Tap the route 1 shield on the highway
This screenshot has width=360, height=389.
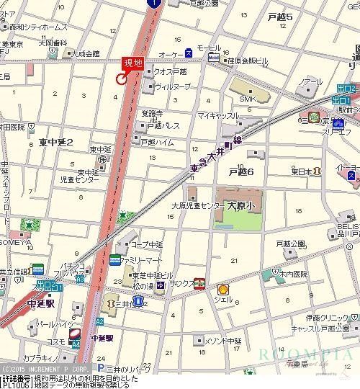pyautogui.click(x=153, y=4)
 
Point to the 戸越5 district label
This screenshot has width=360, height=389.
pyautogui.click(x=279, y=16)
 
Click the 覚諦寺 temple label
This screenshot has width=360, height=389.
pyautogui.click(x=152, y=114)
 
